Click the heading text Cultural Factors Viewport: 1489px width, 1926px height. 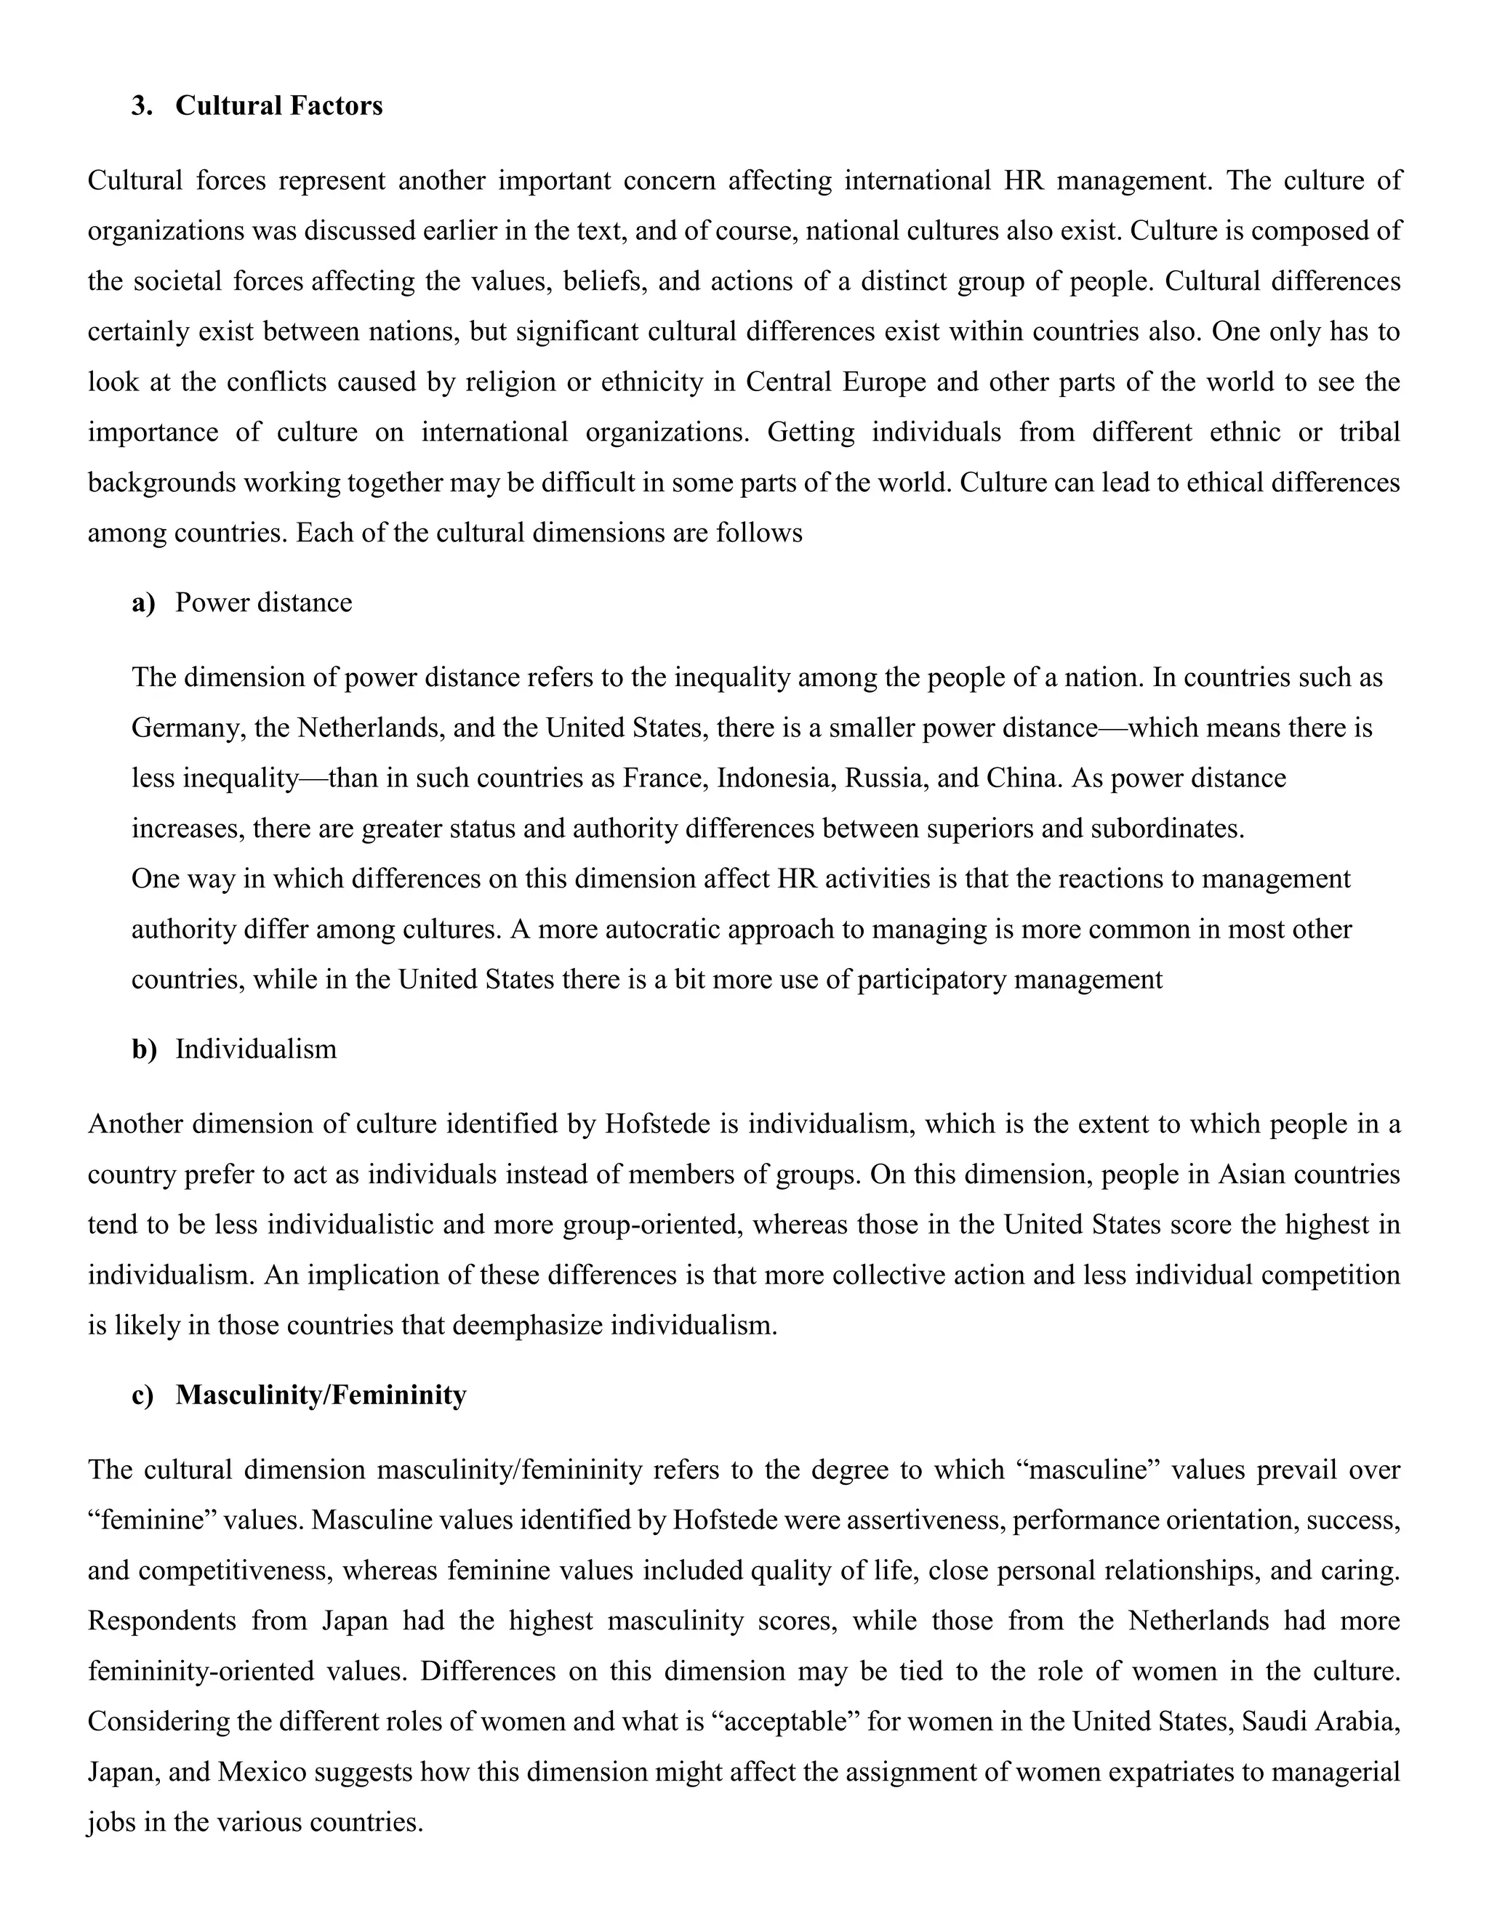[278, 106]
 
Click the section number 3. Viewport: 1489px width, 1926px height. [141, 106]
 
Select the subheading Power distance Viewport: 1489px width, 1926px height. [263, 603]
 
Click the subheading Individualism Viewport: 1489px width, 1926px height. [256, 1049]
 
